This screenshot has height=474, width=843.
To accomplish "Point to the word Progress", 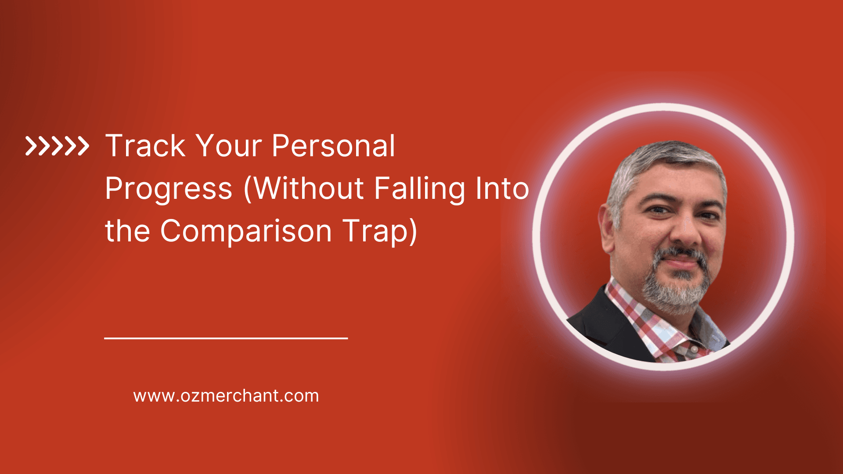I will [169, 189].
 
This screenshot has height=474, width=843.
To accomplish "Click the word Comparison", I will [246, 231].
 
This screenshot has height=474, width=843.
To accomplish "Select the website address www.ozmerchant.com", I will [226, 396].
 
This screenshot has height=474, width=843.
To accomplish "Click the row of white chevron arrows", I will [57, 146].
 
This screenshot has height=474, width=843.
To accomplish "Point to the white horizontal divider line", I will [226, 338].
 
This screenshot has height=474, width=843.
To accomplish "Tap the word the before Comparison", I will [127, 231].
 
